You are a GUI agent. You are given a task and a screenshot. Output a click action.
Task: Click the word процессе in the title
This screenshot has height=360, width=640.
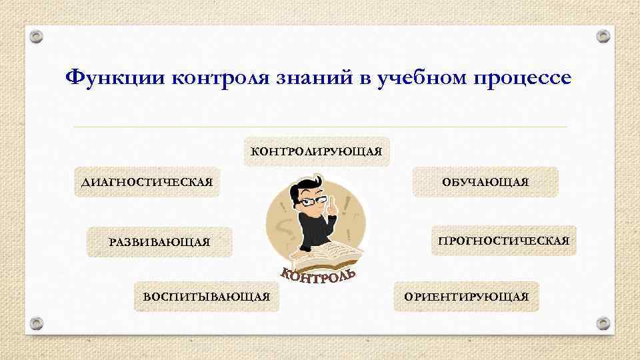pyautogui.click(x=522, y=78)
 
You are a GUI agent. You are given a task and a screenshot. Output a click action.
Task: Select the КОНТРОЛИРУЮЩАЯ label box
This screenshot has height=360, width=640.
pyautogui.click(x=317, y=152)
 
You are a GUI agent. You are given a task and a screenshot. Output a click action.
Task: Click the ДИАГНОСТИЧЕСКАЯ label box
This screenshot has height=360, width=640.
pyautogui.click(x=147, y=182)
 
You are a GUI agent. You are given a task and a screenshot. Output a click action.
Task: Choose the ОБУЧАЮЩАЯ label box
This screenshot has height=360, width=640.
pyautogui.click(x=485, y=182)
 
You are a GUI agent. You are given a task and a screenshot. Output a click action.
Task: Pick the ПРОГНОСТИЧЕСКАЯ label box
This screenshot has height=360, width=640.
pyautogui.click(x=504, y=241)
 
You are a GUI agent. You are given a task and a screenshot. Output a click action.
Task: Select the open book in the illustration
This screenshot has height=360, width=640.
pyautogui.click(x=324, y=255)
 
